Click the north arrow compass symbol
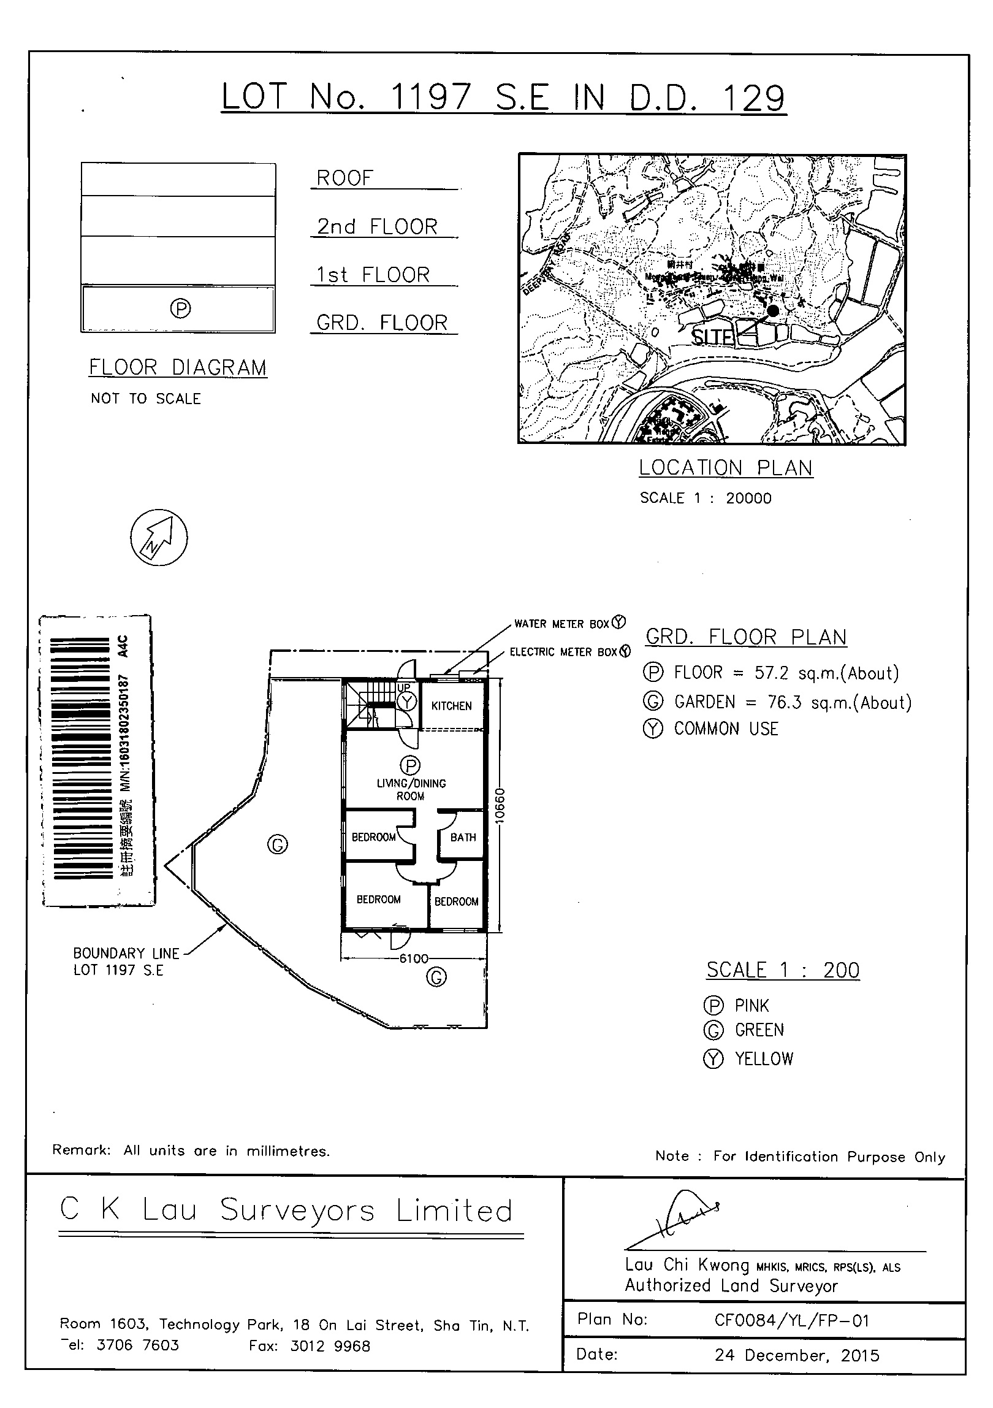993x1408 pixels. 159,538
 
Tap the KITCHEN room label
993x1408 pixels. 451,706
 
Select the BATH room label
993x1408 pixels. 463,837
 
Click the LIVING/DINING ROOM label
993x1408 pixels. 411,789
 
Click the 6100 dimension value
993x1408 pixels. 414,958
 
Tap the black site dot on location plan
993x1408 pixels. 773,311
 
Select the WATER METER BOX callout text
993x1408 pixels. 561,624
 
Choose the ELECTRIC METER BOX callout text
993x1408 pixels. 563,652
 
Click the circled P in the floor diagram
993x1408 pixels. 180,308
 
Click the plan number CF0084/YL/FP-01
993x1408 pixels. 792,1320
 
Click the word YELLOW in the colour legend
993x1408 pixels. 764,1058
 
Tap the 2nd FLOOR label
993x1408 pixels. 377,227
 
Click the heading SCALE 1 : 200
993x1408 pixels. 783,970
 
